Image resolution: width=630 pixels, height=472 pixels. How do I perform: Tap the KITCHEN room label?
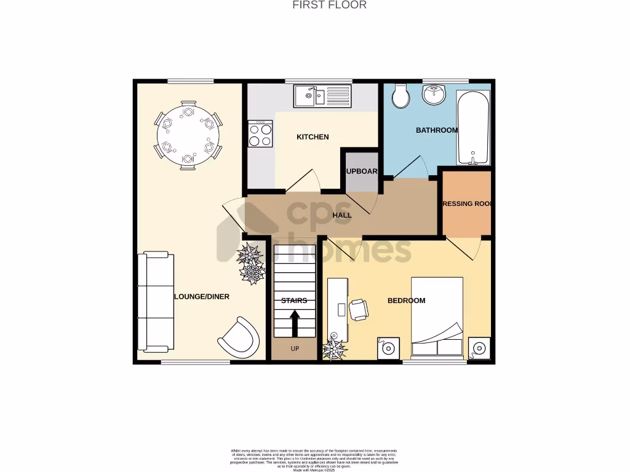pyautogui.click(x=313, y=137)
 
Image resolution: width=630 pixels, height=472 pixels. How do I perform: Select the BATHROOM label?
pyautogui.click(x=436, y=130)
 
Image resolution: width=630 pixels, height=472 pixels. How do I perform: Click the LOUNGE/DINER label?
pyautogui.click(x=202, y=297)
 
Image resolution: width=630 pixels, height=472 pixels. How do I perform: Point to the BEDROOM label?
pyautogui.click(x=406, y=301)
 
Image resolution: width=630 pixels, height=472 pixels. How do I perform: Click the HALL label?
pyautogui.click(x=342, y=215)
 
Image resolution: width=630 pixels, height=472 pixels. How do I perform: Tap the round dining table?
pyautogui.click(x=188, y=135)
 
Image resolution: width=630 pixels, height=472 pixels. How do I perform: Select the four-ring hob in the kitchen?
pyautogui.click(x=260, y=134)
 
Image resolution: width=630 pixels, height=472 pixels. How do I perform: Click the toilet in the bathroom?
pyautogui.click(x=401, y=96)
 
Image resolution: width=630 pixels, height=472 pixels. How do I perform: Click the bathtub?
pyautogui.click(x=473, y=127)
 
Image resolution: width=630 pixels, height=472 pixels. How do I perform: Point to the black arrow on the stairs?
pyautogui.click(x=294, y=323)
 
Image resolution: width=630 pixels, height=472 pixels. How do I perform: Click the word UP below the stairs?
pyautogui.click(x=294, y=349)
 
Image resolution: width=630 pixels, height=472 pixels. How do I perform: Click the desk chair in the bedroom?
pyautogui.click(x=359, y=309)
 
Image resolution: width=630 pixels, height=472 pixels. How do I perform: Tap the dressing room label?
pyautogui.click(x=468, y=203)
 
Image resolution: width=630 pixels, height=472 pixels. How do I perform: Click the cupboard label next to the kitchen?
pyautogui.click(x=361, y=171)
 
